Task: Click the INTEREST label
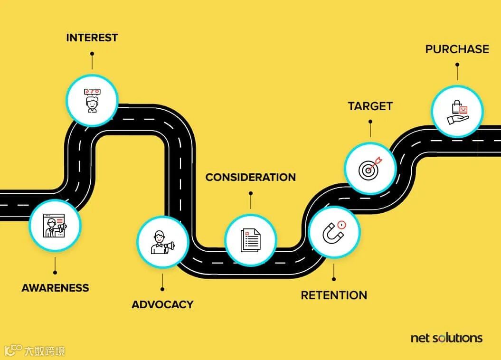click(92, 38)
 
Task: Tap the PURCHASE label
click(457, 49)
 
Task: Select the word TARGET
click(370, 106)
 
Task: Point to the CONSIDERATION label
click(250, 177)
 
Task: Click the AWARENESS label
click(55, 288)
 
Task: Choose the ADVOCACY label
click(162, 304)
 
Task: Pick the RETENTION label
click(334, 295)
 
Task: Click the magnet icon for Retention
click(334, 232)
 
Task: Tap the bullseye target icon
click(370, 168)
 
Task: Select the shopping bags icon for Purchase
click(457, 112)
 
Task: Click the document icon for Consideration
click(250, 240)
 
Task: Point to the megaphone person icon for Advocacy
click(162, 242)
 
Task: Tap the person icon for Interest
click(92, 100)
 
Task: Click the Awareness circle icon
click(55, 225)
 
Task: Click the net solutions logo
click(446, 338)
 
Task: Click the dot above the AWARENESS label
click(55, 272)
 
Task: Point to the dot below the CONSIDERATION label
click(250, 193)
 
